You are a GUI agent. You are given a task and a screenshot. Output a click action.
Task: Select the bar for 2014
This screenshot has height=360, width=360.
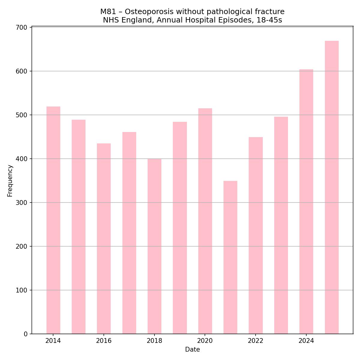[53, 220]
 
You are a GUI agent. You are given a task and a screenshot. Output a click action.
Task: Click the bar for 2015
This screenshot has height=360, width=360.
[79, 227]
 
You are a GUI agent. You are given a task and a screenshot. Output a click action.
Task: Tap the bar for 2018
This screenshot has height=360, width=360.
[154, 246]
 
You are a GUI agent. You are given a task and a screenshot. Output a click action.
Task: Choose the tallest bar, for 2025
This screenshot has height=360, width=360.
[331, 187]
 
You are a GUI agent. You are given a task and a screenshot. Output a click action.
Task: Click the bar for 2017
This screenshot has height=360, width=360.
[129, 233]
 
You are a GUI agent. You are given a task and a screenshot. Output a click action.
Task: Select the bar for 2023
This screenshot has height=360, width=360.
[281, 225]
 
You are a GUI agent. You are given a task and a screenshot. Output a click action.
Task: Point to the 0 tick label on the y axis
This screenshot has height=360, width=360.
[25, 334]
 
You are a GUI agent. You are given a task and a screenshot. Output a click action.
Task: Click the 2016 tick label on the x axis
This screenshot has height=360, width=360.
[104, 341]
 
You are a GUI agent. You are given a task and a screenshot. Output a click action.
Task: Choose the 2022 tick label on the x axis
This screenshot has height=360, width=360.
[256, 341]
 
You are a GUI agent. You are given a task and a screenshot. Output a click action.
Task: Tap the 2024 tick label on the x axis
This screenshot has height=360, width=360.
[306, 341]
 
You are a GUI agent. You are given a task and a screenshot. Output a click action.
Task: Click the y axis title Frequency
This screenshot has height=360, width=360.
[10, 181]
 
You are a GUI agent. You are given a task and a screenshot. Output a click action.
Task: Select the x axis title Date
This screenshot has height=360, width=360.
[192, 349]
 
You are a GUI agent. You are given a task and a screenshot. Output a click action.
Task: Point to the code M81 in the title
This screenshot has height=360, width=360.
[108, 12]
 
